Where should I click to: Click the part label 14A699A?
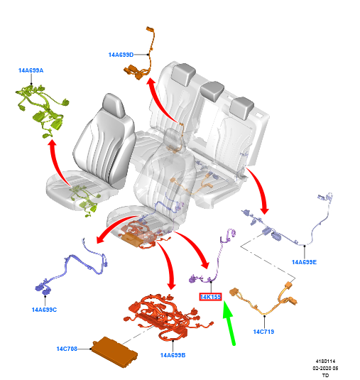click(31, 70)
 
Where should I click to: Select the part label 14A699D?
click(121, 55)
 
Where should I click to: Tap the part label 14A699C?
click(44, 310)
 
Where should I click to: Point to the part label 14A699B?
click(173, 355)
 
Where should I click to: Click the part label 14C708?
click(67, 349)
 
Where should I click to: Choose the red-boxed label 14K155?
click(210, 297)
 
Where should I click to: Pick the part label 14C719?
click(263, 332)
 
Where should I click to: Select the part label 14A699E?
click(304, 262)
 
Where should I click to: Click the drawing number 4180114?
click(325, 362)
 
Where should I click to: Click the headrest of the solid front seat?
click(114, 104)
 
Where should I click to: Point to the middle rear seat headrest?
click(212, 91)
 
